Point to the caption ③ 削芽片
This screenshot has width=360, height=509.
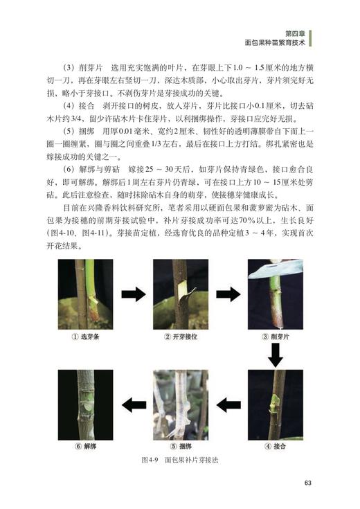click(x=275, y=337)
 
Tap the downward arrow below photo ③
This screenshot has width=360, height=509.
click(x=276, y=354)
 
